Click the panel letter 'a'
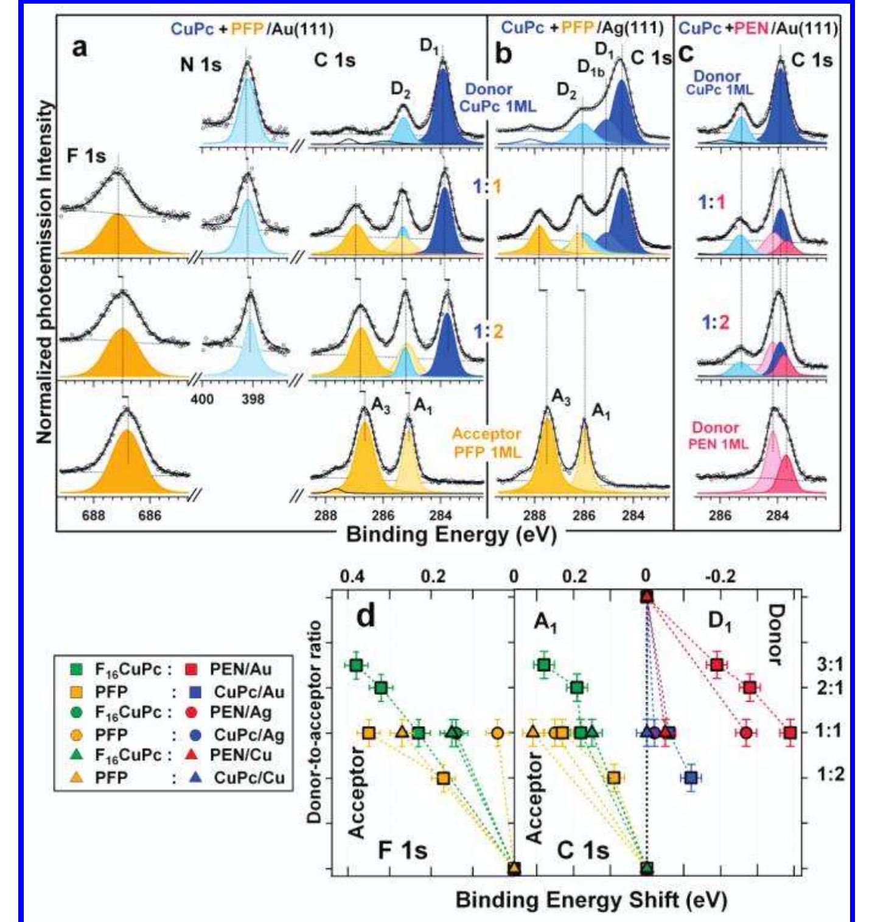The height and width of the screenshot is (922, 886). (x=78, y=47)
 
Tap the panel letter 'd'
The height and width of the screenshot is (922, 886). (x=366, y=616)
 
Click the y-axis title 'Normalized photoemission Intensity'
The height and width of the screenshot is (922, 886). (x=44, y=272)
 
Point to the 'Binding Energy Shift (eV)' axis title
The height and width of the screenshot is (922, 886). (x=591, y=900)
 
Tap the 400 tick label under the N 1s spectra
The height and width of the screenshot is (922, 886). (x=203, y=399)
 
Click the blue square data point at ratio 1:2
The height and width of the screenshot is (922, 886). (x=690, y=778)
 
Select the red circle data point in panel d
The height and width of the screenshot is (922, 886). (x=746, y=733)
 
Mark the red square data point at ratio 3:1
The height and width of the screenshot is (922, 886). (x=717, y=665)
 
